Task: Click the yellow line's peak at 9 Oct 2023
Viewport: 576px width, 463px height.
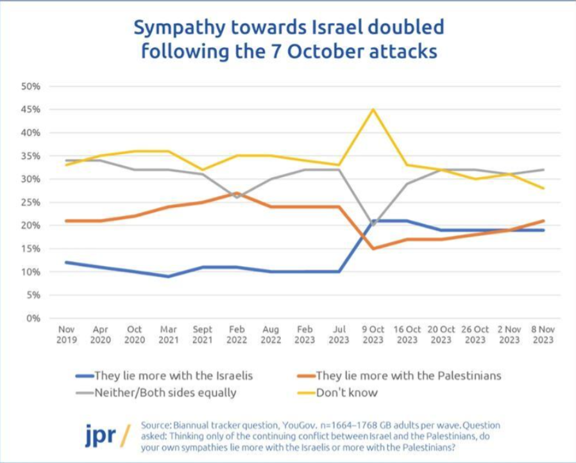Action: pyautogui.click(x=373, y=110)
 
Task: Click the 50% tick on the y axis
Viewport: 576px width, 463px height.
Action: pyautogui.click(x=31, y=87)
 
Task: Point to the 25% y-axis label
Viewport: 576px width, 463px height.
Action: pyautogui.click(x=31, y=203)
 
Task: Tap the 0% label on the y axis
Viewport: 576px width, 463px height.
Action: pyautogui.click(x=34, y=319)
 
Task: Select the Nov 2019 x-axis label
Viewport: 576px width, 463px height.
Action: pyautogui.click(x=66, y=335)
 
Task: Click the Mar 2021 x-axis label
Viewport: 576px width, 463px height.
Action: pyautogui.click(x=168, y=335)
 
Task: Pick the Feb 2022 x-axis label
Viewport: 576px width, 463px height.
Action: pyautogui.click(x=237, y=335)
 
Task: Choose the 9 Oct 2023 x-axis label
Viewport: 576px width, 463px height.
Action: pyautogui.click(x=373, y=335)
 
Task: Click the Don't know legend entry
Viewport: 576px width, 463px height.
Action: pyautogui.click(x=346, y=392)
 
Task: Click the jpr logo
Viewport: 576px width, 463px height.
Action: pyautogui.click(x=101, y=435)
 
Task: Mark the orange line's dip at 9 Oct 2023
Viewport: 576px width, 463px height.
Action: pyautogui.click(x=373, y=249)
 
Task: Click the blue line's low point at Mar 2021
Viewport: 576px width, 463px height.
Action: pyautogui.click(x=168, y=276)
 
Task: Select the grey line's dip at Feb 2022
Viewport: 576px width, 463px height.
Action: pyautogui.click(x=237, y=198)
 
